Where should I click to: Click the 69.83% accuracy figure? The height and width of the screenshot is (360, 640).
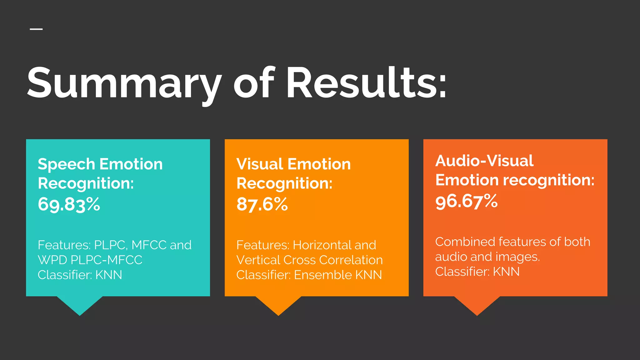coord(69,204)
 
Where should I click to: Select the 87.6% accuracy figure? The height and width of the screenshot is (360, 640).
coord(262,204)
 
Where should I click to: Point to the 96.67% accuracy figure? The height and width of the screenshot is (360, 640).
coord(466,201)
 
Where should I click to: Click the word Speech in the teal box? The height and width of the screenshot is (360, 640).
coord(66,164)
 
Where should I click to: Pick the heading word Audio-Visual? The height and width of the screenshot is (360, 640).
coord(484,161)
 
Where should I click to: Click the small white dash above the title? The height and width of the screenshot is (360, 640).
coord(36,29)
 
